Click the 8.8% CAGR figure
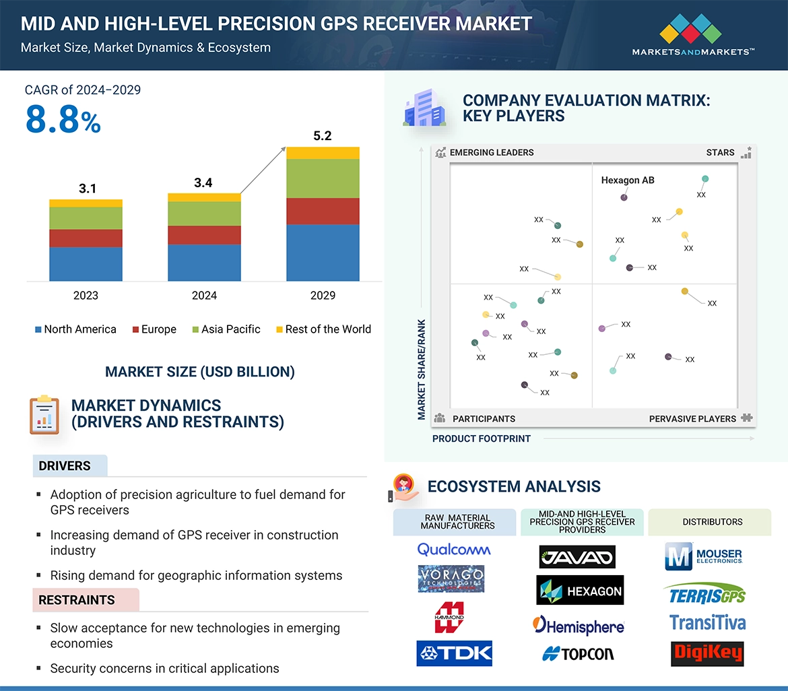(63, 120)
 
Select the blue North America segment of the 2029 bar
(323, 253)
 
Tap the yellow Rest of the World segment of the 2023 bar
(86, 203)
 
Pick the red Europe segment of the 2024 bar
(204, 235)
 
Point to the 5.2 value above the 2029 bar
(323, 136)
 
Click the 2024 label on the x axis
(204, 296)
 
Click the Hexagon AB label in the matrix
(627, 180)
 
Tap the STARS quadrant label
(720, 153)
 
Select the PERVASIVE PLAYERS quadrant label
(692, 419)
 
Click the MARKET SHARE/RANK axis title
(422, 370)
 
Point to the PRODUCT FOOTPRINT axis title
(481, 439)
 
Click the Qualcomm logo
(454, 550)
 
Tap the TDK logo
(454, 653)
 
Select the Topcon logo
(579, 653)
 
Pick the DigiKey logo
(707, 653)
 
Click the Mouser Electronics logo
(704, 556)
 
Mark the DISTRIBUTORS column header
(712, 522)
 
